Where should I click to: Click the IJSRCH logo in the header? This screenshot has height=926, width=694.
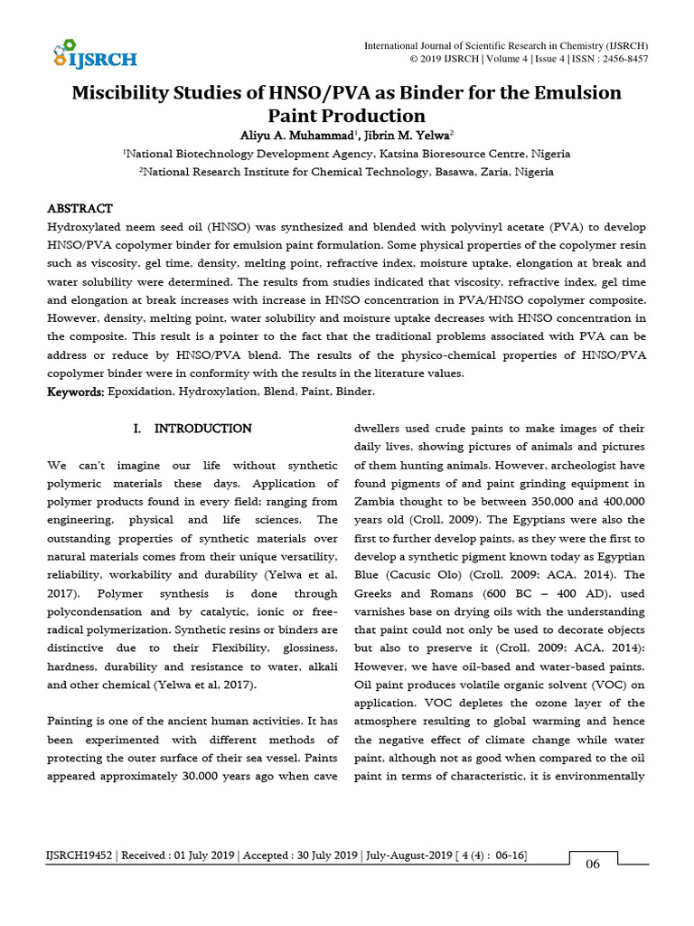(94, 54)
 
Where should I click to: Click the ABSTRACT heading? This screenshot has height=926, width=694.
(80, 209)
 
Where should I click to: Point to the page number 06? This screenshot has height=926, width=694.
(593, 864)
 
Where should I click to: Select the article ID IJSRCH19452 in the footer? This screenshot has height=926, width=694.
(80, 855)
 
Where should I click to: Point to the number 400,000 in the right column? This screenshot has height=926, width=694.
(614, 500)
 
